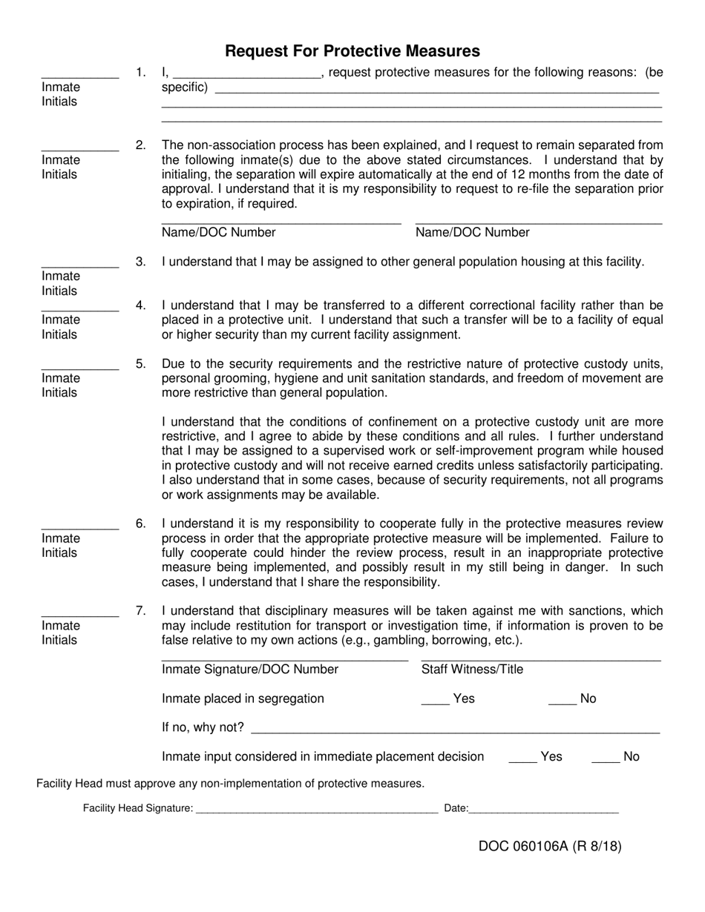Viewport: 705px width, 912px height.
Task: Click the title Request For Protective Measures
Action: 352,51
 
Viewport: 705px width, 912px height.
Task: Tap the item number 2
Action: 141,145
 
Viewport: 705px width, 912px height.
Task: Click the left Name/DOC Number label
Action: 218,233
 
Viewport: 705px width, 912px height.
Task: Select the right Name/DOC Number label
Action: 472,233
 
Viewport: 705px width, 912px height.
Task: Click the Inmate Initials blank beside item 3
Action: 79,262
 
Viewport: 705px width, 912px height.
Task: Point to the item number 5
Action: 141,364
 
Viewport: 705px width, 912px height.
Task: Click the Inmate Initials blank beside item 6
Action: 79,525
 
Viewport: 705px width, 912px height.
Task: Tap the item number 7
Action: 141,611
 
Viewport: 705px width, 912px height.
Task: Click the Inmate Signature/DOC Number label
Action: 250,670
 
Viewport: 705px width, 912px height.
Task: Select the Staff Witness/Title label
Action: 472,670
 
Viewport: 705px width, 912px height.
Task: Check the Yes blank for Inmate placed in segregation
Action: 435,700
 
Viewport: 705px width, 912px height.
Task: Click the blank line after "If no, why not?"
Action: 455,729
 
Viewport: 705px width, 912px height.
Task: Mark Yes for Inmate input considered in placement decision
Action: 522,758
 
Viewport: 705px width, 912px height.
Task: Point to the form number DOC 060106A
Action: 550,846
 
